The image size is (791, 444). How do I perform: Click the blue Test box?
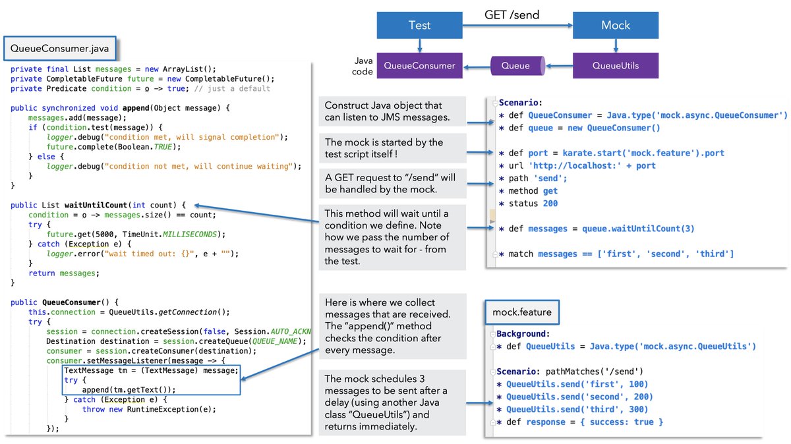(419, 25)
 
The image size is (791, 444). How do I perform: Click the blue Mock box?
(615, 25)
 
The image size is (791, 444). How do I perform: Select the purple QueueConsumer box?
(419, 65)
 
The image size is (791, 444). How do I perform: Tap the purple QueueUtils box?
(615, 65)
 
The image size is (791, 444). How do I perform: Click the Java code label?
(362, 66)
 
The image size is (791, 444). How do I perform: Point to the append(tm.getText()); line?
(129, 389)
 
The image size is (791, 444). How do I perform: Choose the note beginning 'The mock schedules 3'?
(392, 402)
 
